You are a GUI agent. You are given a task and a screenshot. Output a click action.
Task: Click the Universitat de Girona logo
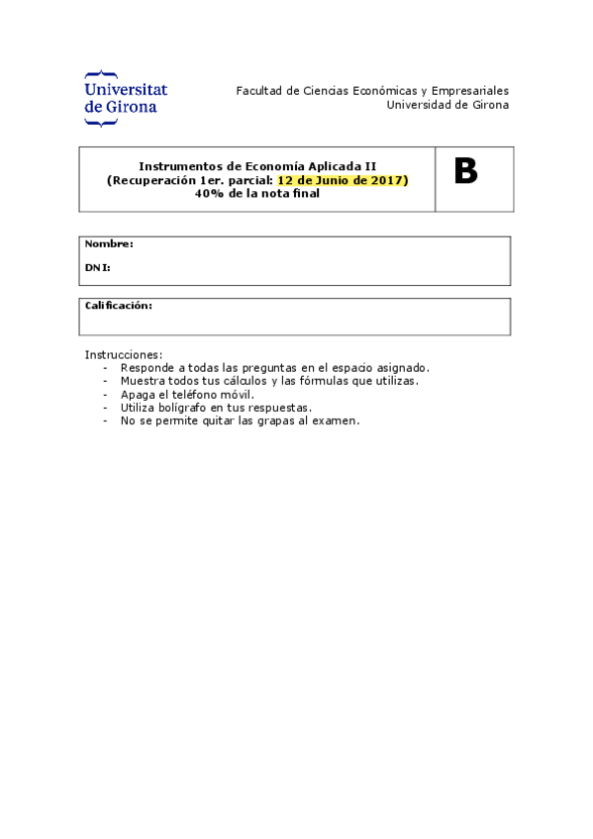(x=126, y=98)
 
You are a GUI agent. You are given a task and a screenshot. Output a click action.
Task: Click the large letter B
(x=465, y=172)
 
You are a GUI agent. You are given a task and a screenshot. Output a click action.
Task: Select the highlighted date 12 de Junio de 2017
(x=343, y=180)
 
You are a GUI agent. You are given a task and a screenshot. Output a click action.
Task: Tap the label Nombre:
(x=109, y=243)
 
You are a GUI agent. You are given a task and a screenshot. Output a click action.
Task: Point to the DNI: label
(x=97, y=267)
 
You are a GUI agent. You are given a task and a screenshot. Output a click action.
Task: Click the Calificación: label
(x=118, y=306)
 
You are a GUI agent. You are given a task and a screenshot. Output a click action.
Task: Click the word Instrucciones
(x=123, y=354)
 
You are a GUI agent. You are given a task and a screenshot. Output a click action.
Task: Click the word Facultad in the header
(x=258, y=91)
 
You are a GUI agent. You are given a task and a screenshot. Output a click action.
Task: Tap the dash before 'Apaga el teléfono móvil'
(x=106, y=394)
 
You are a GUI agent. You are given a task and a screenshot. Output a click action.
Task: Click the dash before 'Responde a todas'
(x=106, y=367)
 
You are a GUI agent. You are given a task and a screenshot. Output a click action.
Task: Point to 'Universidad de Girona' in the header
(x=447, y=104)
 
